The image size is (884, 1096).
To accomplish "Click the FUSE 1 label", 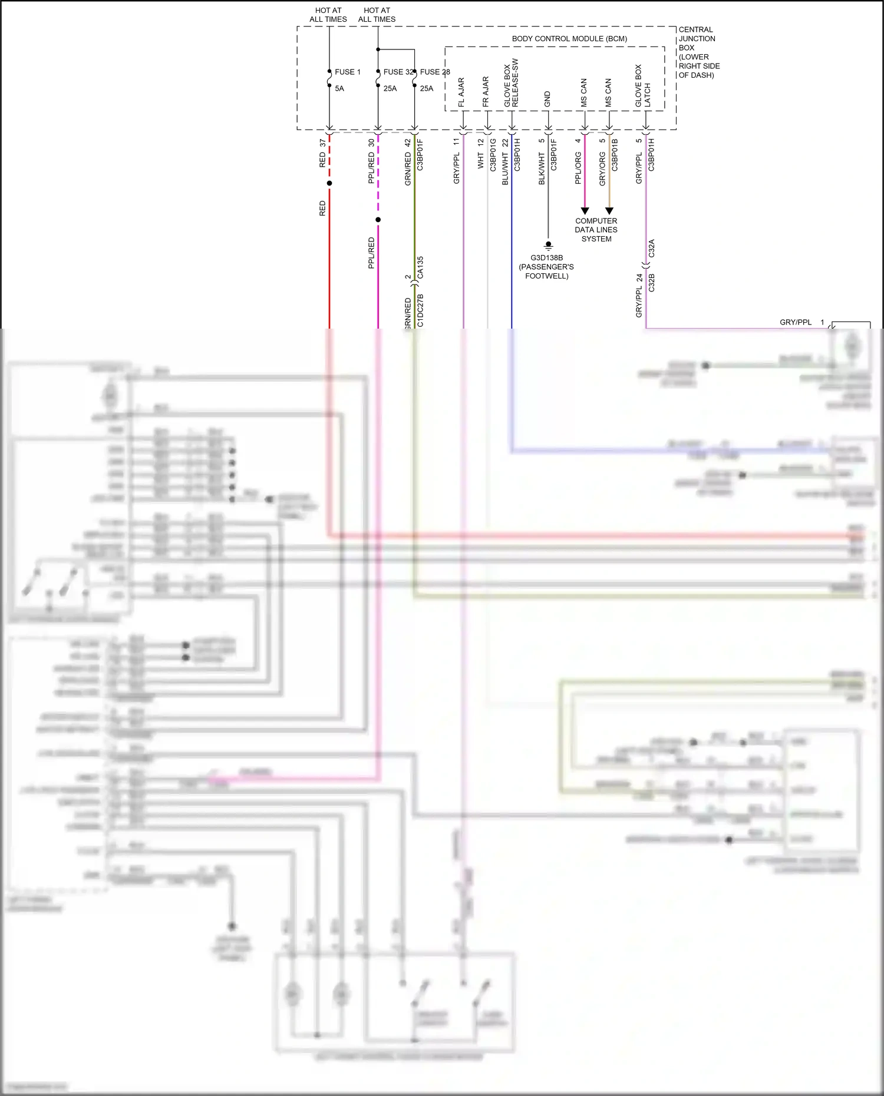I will coord(347,72).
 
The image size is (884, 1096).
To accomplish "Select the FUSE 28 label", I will coord(435,72).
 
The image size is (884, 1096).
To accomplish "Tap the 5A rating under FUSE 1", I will coord(339,88).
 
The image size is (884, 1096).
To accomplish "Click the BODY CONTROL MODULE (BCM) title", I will coord(569,39).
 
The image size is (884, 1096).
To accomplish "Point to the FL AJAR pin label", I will coord(461,92).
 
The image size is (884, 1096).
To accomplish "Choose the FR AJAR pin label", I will coord(486,92).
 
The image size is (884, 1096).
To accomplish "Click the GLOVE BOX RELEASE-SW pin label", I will coord(511,82).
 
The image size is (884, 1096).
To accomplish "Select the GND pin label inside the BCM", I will coord(547,99).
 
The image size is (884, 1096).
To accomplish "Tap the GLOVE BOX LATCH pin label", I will coord(642,86).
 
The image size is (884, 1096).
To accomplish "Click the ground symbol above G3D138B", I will coord(548,245).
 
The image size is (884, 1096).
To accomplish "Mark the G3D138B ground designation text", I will coord(546,258).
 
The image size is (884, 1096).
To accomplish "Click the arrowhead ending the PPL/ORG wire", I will coord(585,211).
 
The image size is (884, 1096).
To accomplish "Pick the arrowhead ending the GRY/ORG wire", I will coord(609,211).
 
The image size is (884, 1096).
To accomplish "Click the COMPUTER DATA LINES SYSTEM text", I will coord(596,230).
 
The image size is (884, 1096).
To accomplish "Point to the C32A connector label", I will coord(651,248).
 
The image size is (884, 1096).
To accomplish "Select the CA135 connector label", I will coord(420,267).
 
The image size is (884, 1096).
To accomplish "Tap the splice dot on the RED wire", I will coord(329,183).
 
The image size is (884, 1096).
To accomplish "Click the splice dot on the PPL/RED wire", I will coord(378,220).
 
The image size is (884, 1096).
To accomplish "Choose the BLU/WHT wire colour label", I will coord(505,169).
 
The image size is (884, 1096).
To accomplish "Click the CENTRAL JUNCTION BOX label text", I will coord(698,52).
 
